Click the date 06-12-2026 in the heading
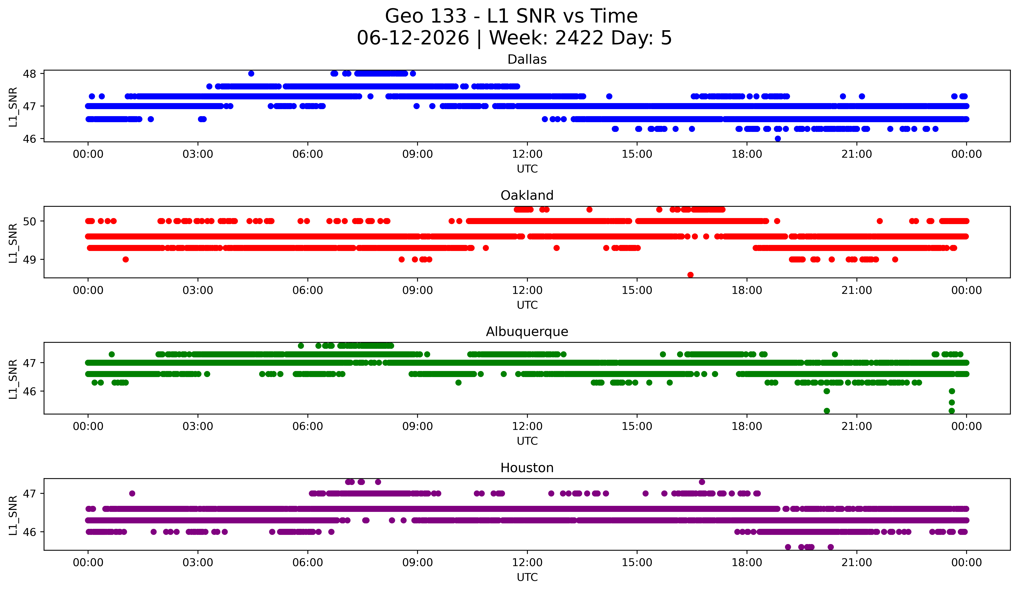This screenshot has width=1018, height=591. point(413,38)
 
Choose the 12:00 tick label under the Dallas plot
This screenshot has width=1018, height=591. point(527,154)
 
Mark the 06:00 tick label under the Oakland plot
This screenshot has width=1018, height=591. point(308,291)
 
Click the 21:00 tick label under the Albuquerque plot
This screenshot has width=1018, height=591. point(856,427)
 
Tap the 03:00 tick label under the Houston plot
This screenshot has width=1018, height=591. point(198,563)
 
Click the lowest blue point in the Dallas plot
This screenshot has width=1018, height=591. point(778,139)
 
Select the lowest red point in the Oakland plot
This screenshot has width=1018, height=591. point(690,275)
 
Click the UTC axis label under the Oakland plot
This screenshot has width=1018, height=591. point(527,305)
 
